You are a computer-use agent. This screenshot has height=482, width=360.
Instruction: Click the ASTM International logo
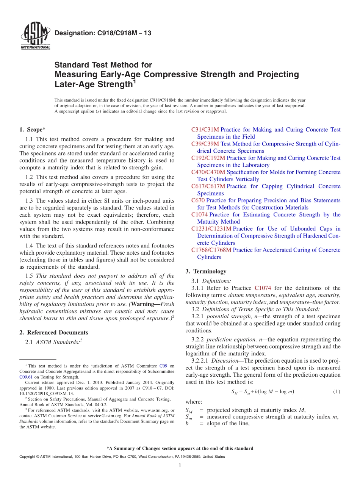[35, 37]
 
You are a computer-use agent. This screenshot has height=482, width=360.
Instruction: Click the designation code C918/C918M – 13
[103, 33]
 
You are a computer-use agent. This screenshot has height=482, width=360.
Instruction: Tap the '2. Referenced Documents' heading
[53, 332]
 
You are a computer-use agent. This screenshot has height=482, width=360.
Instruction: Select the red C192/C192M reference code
[208, 158]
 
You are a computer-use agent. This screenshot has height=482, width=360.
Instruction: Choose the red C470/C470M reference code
[208, 172]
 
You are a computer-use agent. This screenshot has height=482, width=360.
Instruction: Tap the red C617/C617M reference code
[208, 186]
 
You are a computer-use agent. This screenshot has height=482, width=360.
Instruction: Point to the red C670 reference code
[198, 200]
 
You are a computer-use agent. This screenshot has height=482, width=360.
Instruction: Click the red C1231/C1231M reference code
[211, 228]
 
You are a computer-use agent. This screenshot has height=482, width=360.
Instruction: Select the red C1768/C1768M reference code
[211, 250]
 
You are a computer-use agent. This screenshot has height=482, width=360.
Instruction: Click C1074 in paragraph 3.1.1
[263, 288]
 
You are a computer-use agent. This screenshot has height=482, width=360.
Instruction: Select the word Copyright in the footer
[28, 457]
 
